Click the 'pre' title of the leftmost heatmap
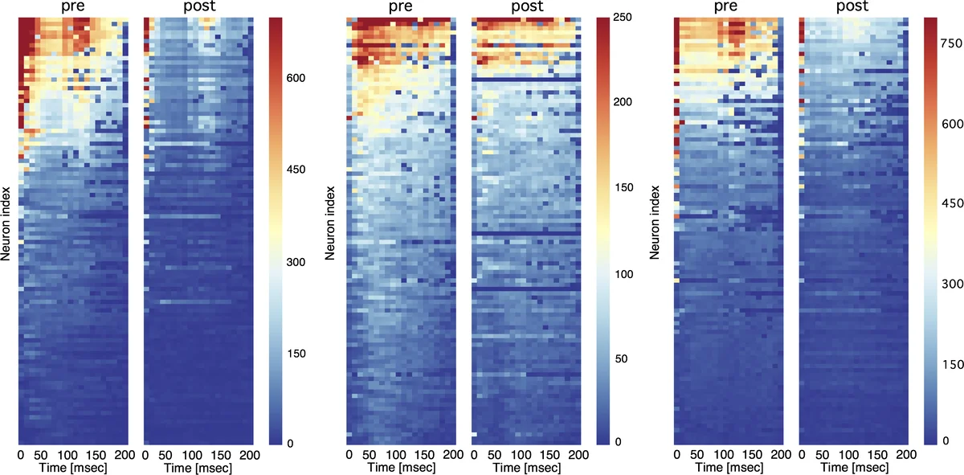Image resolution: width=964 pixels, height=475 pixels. [x=72, y=8]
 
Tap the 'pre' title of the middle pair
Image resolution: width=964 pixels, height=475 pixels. [x=400, y=8]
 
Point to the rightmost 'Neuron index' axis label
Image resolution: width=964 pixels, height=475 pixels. [x=656, y=222]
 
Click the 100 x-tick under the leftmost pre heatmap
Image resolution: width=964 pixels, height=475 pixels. [x=90, y=456]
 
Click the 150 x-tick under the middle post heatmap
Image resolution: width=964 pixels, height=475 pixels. [x=553, y=456]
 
